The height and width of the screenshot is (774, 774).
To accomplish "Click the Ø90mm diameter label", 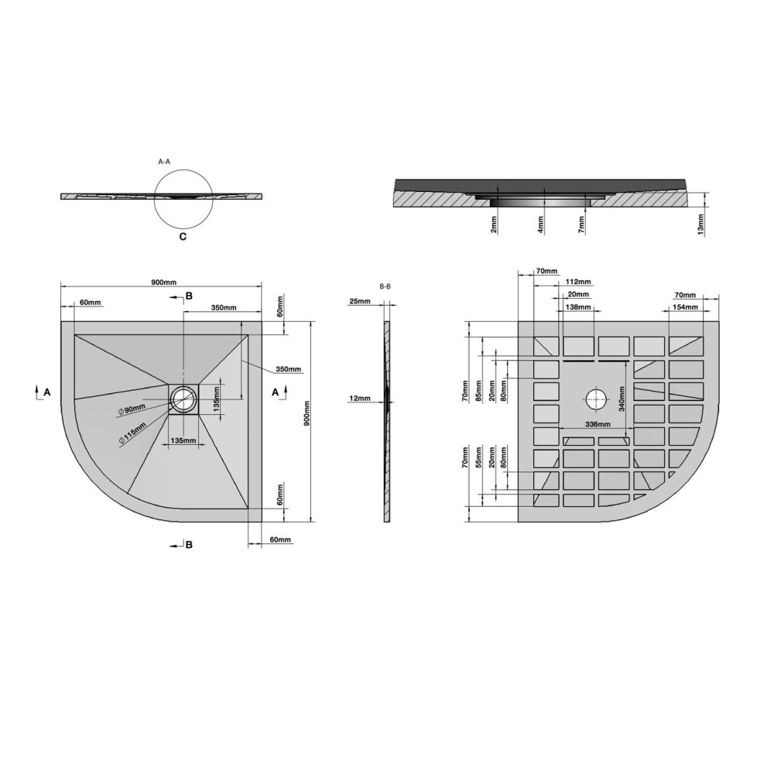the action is (132, 409).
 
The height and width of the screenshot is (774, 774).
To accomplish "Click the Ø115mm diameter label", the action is (132, 434).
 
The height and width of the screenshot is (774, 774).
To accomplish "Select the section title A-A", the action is (164, 162).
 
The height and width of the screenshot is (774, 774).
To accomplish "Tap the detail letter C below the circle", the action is (183, 237).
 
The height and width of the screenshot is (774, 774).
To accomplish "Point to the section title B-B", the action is (385, 286).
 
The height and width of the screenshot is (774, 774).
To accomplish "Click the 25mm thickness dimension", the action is (360, 301).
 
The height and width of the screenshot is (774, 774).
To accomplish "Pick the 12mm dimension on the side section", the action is (359, 399).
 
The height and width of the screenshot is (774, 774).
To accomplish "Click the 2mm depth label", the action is (494, 224).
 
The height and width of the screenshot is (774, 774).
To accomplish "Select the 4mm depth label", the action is (541, 224).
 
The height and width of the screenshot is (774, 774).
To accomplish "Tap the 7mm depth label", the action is (582, 224).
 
